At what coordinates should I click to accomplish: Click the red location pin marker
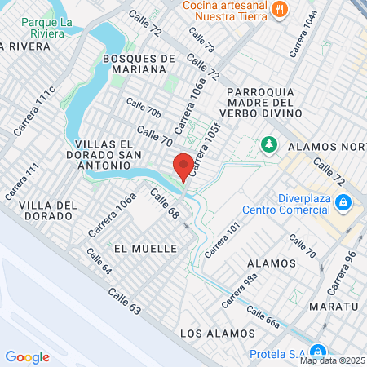183,165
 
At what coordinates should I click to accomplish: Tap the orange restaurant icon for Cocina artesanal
281,9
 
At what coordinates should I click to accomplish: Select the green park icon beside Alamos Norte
268,145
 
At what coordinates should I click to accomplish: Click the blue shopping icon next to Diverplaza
344,201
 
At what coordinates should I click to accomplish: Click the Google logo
27,356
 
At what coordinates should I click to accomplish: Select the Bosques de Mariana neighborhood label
139,64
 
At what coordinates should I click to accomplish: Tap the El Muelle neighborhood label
146,248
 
